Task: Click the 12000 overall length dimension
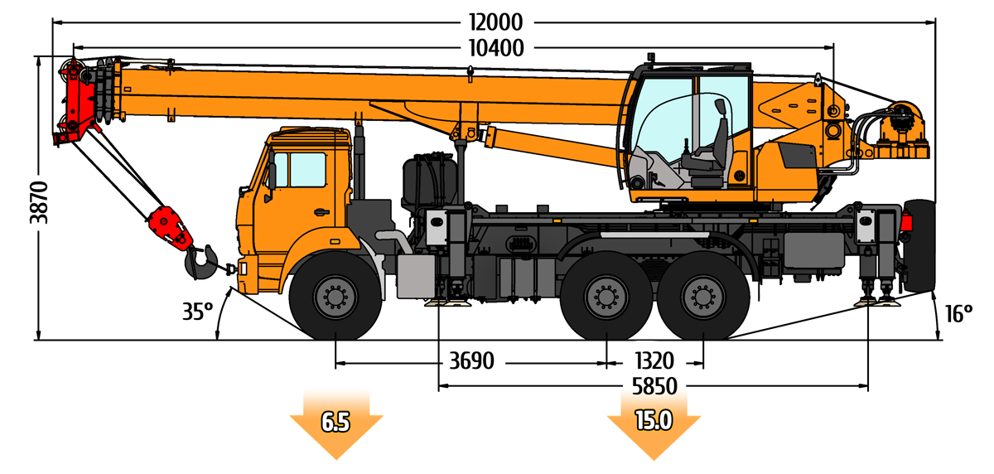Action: (x=495, y=22)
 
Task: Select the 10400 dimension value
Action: (x=496, y=48)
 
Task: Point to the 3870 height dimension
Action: (x=39, y=202)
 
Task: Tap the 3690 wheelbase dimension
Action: (x=471, y=360)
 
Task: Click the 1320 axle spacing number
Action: (x=654, y=360)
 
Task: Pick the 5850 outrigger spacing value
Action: (x=654, y=386)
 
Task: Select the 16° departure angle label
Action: (x=959, y=314)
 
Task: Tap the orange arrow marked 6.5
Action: (x=336, y=423)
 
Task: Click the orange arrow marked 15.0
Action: (x=654, y=423)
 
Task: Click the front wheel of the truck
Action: (x=335, y=296)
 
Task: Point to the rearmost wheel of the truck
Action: (x=703, y=296)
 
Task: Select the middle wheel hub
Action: (x=606, y=297)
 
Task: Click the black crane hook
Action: (x=200, y=263)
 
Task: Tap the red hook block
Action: (x=171, y=229)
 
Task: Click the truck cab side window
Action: (x=307, y=170)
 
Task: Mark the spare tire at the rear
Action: (x=919, y=245)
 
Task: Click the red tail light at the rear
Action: (x=905, y=221)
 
